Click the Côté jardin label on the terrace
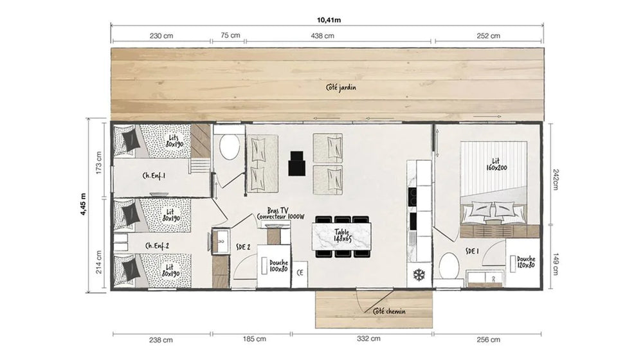[341, 87]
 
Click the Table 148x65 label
[342, 235]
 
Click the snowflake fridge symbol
[419, 275]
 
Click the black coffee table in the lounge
[297, 163]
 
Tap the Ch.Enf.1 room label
[155, 175]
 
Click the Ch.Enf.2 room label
[158, 245]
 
